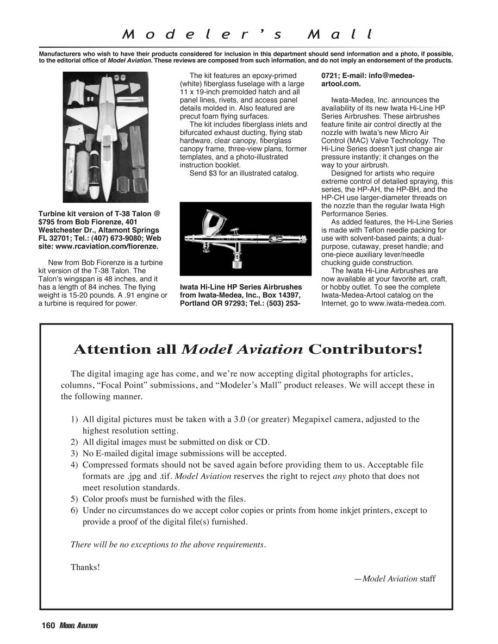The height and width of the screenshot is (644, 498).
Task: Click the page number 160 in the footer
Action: [48, 626]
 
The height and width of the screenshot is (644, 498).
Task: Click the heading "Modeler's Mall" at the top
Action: [248, 35]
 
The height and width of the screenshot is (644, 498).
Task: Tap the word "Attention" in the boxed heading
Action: [124, 349]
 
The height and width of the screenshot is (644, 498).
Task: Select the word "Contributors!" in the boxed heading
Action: [365, 349]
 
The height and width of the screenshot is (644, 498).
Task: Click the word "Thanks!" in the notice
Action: [85, 567]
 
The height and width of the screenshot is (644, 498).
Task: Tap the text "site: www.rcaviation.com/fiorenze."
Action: [98, 246]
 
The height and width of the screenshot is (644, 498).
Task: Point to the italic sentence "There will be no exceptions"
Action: [168, 545]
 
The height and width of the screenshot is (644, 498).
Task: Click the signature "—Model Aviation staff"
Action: [394, 579]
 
